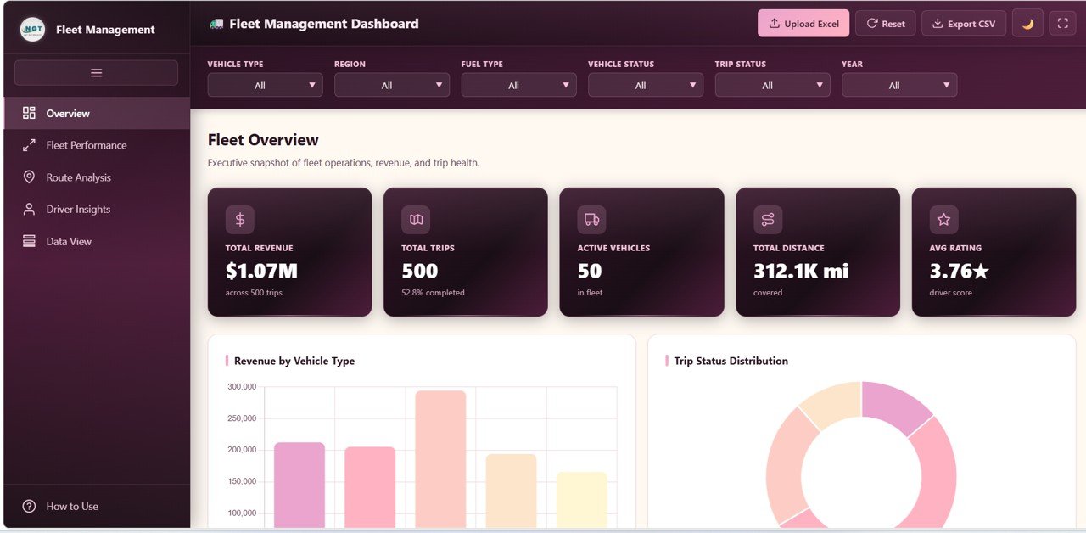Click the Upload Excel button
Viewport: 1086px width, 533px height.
pos(803,24)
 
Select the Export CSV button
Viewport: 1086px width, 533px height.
pos(963,24)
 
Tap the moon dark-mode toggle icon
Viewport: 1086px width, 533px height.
pos(1027,24)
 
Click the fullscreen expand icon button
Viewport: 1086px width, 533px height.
pos(1062,24)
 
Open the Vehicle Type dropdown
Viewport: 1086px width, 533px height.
pos(265,85)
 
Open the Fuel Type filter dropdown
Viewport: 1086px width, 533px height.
pos(518,85)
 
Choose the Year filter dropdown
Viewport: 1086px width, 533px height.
pos(898,85)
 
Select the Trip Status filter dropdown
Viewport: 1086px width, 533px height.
pos(772,85)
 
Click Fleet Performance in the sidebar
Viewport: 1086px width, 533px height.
pos(86,145)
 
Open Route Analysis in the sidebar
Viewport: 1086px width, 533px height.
pos(78,177)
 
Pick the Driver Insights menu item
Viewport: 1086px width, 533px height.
pos(78,210)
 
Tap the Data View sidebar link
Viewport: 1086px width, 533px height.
pos(68,242)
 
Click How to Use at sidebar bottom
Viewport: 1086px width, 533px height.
pos(71,507)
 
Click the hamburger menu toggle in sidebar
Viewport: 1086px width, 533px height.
pos(96,73)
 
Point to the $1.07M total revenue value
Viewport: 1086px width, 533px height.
pos(261,271)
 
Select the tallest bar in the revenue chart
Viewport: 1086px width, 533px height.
pos(440,458)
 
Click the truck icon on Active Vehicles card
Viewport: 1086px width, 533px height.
pos(591,220)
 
